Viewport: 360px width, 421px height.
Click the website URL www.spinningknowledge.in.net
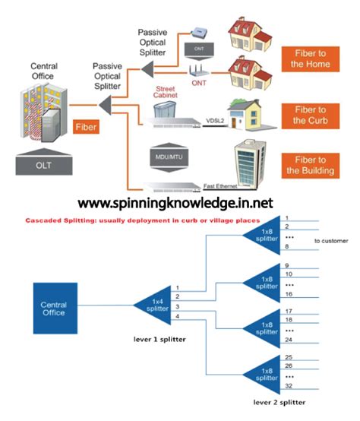click(x=180, y=203)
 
